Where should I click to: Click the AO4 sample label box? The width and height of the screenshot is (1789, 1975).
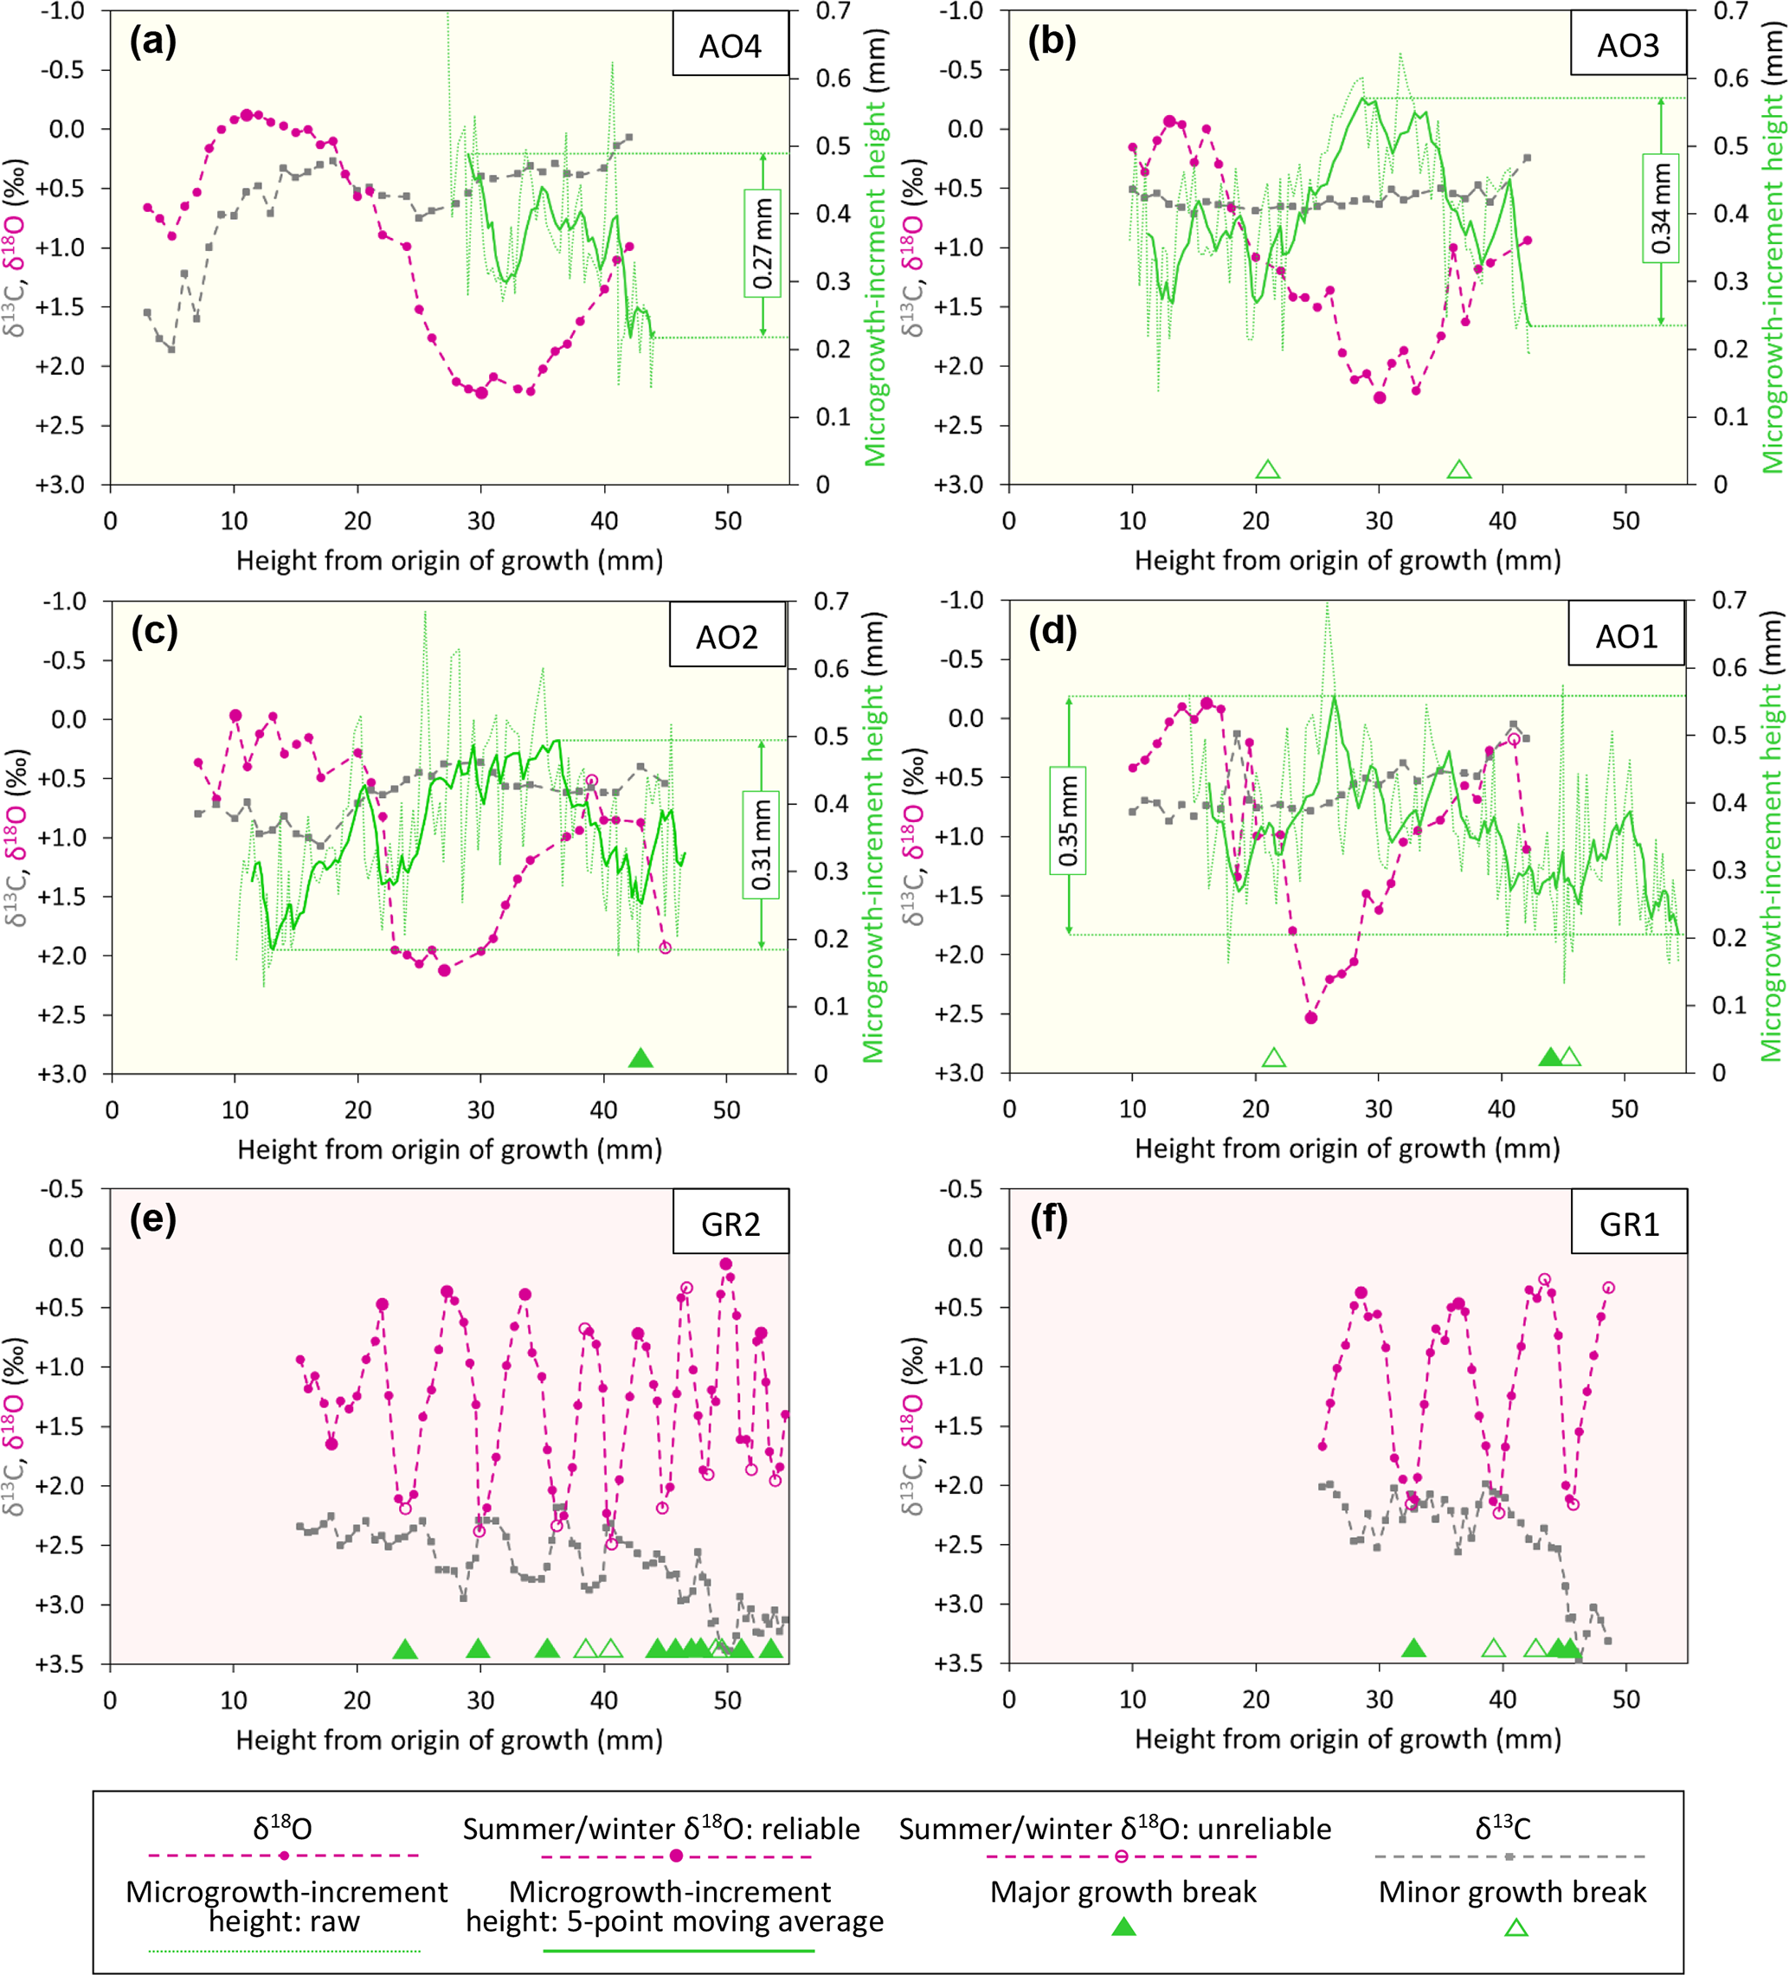point(730,46)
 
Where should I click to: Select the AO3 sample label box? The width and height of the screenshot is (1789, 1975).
point(1628,46)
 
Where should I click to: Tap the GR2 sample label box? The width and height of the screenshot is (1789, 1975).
point(730,1225)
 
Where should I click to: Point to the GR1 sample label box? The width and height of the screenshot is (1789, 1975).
point(1629,1225)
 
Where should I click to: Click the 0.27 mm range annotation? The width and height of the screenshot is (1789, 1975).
point(763,243)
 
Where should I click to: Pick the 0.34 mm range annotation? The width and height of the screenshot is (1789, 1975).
point(1661,209)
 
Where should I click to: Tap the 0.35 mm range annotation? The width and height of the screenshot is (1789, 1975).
point(1068,820)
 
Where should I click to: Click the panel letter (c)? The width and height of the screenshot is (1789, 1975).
point(154,632)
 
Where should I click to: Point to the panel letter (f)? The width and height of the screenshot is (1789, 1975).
point(1052,1220)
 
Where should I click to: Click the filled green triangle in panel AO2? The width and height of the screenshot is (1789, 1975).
point(640,1058)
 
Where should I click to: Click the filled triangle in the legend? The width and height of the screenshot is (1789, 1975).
point(1123,1928)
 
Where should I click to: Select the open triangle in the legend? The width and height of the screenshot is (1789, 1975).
point(1516,1928)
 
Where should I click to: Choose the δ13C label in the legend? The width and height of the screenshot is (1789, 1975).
point(1502,1829)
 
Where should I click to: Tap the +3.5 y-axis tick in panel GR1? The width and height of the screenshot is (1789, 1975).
point(962,1664)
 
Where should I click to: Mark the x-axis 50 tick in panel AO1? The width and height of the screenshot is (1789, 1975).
point(1625,1109)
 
